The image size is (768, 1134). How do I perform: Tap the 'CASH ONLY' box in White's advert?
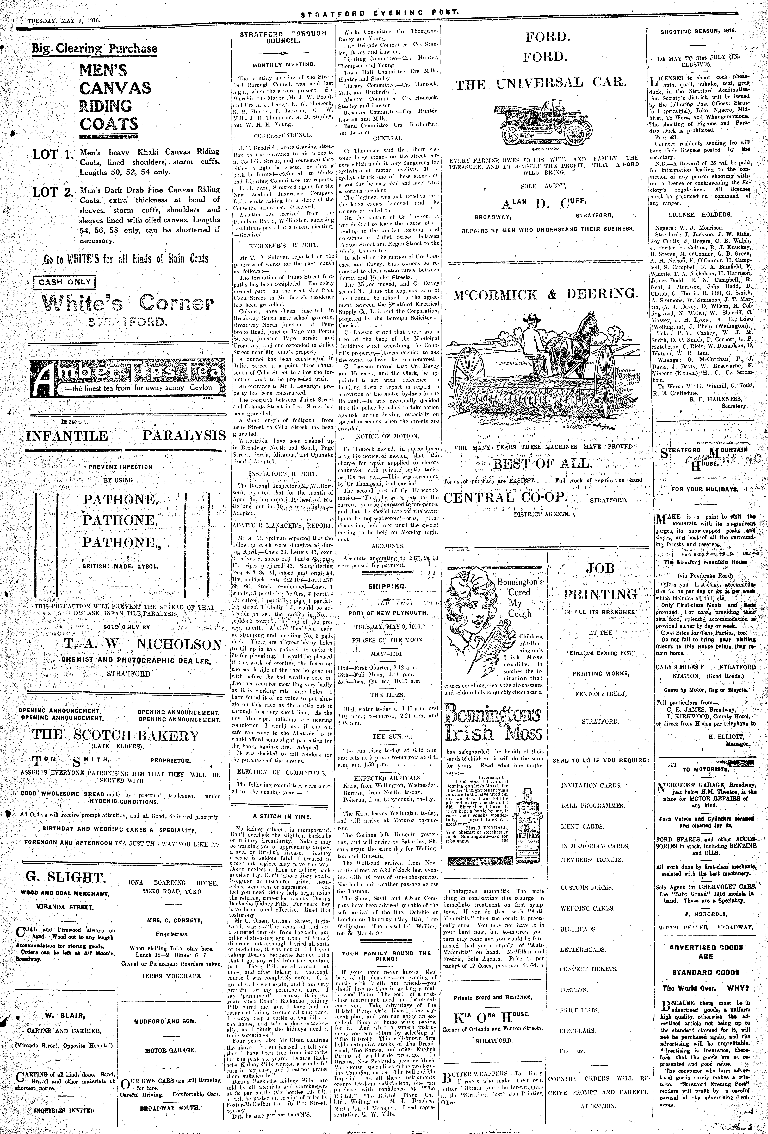click(x=64, y=282)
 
